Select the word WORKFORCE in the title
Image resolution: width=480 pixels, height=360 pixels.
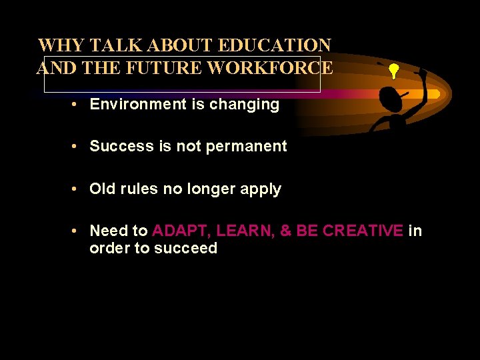click(270, 68)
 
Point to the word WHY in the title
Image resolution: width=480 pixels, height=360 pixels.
click(61, 46)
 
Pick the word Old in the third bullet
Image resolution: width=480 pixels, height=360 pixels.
click(103, 189)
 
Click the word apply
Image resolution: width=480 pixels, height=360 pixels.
click(260, 189)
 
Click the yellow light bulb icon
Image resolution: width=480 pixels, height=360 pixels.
click(393, 71)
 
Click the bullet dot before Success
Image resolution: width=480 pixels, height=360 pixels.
click(79, 147)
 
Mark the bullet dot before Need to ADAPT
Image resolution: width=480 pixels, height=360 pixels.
click(79, 231)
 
